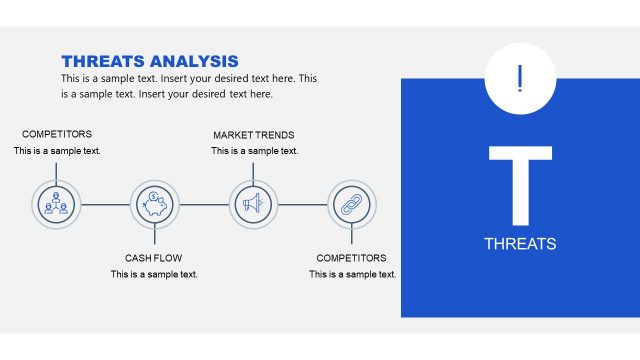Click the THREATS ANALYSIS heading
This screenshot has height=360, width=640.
click(149, 61)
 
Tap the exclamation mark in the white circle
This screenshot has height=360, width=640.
click(520, 78)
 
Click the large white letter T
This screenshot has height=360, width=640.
click(520, 185)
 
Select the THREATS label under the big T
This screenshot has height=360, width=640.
click(520, 244)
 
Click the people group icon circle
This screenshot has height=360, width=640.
click(56, 204)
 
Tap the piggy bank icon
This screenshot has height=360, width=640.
click(155, 204)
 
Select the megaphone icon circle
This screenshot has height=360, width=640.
click(253, 204)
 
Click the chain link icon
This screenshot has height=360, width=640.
click(352, 204)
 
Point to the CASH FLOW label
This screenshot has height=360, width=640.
click(154, 258)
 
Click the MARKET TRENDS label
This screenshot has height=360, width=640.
click(254, 135)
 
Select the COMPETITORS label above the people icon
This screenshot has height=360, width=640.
click(57, 135)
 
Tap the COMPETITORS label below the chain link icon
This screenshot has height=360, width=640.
click(352, 258)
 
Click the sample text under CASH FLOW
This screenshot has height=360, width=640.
click(154, 274)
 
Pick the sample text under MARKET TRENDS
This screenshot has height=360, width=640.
click(254, 151)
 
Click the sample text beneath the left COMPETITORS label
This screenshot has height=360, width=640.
click(57, 151)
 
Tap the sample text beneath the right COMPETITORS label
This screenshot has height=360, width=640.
click(352, 274)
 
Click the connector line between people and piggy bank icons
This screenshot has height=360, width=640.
click(105, 204)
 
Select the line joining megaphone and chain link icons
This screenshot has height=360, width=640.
click(302, 204)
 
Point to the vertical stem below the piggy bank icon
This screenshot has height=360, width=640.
click(155, 236)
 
